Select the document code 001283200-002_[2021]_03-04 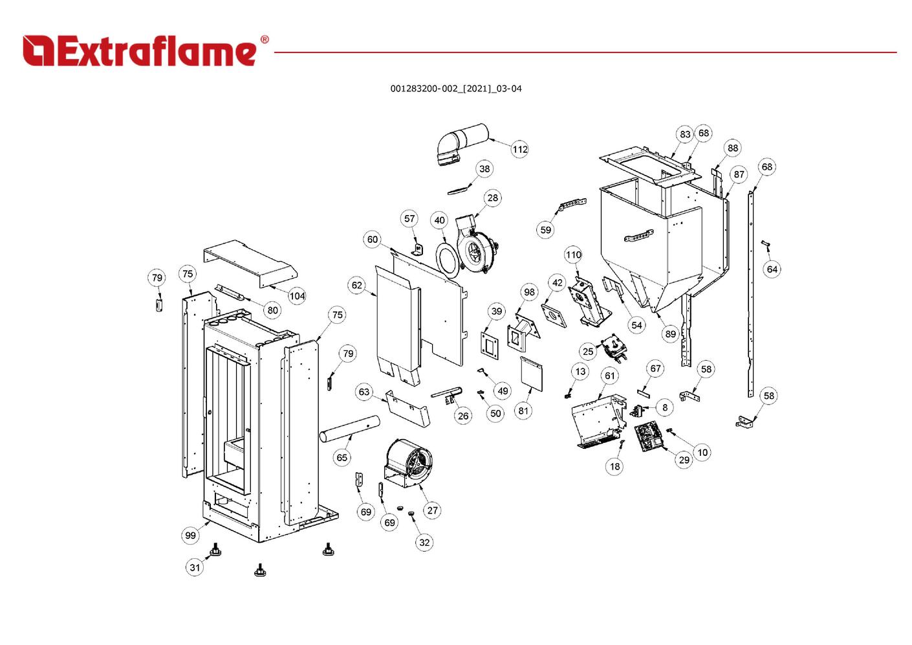(x=455, y=89)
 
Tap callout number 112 (x=520, y=149)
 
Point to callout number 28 (x=493, y=198)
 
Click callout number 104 (x=297, y=296)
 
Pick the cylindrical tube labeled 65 (x=349, y=429)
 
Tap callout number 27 (x=433, y=510)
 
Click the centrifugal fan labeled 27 (x=409, y=463)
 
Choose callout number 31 (x=195, y=567)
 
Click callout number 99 (x=190, y=535)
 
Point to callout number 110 (x=574, y=255)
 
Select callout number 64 (x=772, y=269)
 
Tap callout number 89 (x=670, y=334)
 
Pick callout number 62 (x=357, y=285)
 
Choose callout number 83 (x=685, y=134)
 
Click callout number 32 (x=424, y=542)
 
